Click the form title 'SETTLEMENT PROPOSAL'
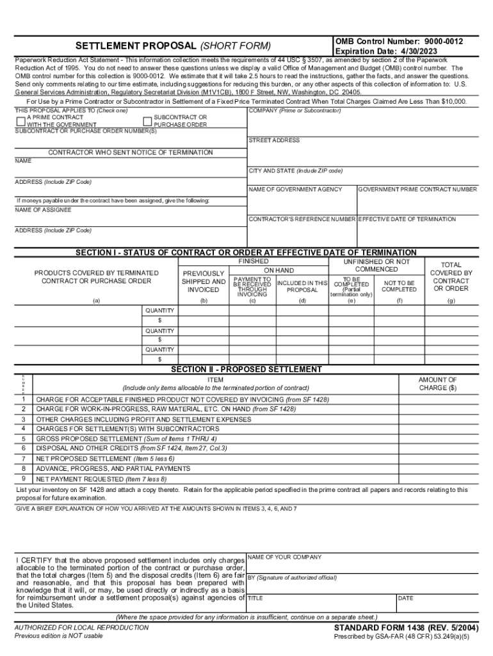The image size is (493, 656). click(136, 46)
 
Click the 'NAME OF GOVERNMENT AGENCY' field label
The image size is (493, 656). click(295, 189)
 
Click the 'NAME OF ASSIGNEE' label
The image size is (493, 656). click(43, 210)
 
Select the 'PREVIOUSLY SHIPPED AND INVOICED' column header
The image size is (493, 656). click(204, 282)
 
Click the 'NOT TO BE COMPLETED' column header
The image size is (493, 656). click(399, 286)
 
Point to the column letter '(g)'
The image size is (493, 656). click(451, 300)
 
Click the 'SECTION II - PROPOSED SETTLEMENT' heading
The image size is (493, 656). click(246, 370)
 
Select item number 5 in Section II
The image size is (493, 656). click(23, 439)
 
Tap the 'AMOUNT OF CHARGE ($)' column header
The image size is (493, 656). click(437, 384)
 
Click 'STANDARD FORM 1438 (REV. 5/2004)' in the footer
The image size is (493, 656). click(406, 628)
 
